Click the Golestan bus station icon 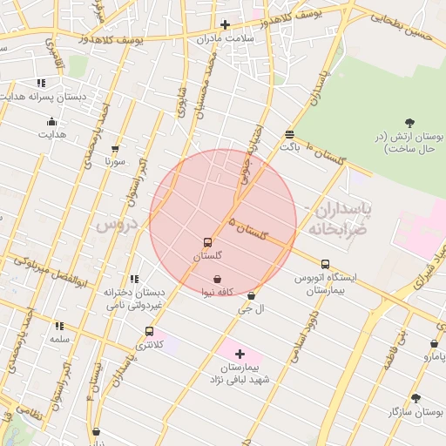pos(207,243)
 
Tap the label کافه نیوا pos(216,293)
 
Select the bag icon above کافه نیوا pos(216,280)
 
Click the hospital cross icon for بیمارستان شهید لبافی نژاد pos(240,354)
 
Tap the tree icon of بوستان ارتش pos(410,123)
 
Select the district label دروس pos(117,224)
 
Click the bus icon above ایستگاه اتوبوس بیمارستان pos(325,264)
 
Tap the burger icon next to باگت pos(289,134)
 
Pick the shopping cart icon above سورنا pos(115,149)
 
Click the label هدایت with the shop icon pos(51,135)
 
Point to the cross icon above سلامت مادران pos(225,24)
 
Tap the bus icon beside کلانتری pos(150,331)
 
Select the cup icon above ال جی pos(252,296)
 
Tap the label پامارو pos(433,356)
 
